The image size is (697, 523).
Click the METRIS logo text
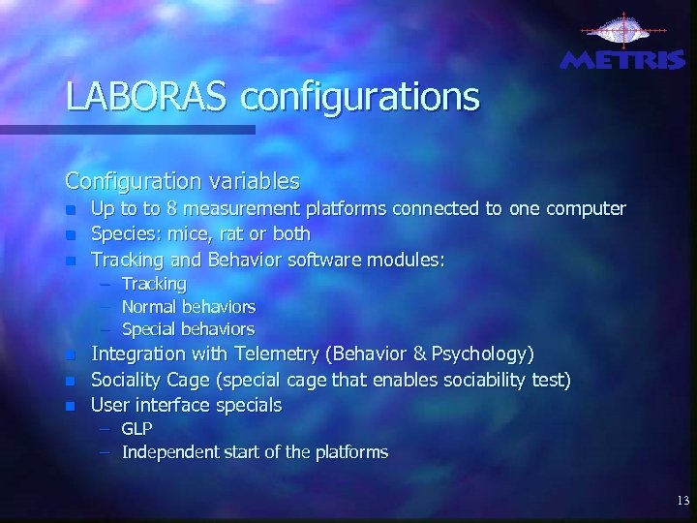(622, 60)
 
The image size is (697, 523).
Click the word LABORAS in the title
(147, 97)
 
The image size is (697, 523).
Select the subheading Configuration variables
(182, 181)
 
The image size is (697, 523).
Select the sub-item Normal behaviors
(188, 307)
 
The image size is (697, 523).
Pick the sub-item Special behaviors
(188, 329)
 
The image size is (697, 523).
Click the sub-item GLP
(136, 428)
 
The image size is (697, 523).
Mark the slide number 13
(683, 501)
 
